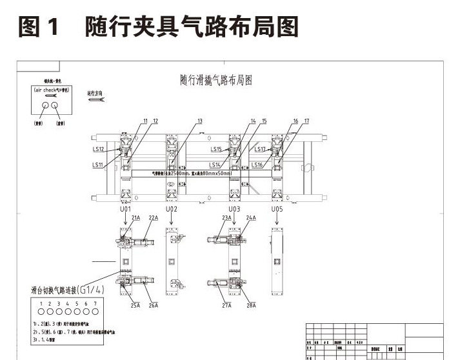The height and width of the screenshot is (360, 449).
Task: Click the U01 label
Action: [125, 210]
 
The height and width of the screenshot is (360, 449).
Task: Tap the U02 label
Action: [172, 210]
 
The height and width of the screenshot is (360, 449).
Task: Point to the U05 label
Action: [277, 210]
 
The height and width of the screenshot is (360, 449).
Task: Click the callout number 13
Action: [199, 121]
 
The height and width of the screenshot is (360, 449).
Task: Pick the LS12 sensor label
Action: [99, 150]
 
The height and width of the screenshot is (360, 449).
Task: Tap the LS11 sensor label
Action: [98, 165]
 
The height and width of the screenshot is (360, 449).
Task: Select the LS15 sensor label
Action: [215, 150]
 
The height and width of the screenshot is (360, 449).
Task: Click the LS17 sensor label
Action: [260, 150]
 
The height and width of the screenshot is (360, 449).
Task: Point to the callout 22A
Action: [153, 218]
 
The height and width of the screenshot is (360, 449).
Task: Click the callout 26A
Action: [154, 305]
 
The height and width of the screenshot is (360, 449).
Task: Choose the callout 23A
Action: [227, 218]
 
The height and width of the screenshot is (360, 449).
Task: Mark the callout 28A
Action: [250, 305]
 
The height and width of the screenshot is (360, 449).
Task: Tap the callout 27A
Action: [227, 305]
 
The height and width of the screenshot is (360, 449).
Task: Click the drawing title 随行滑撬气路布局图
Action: [215, 80]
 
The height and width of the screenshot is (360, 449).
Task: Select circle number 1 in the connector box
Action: [41, 311]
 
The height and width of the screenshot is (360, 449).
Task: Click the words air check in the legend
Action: [45, 91]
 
